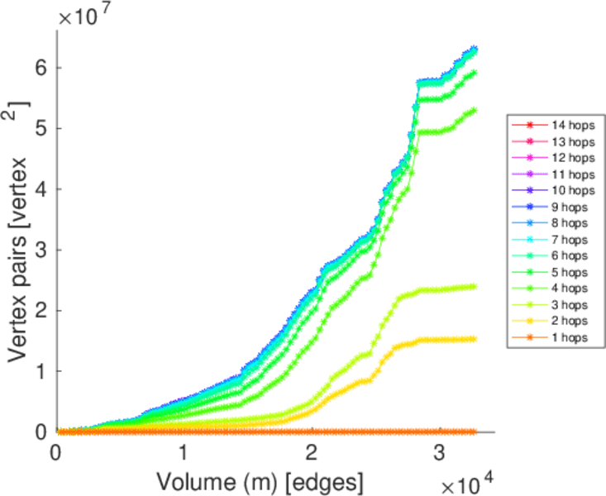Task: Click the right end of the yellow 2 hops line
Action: tap(475, 338)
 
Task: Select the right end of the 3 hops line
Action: tap(475, 287)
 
